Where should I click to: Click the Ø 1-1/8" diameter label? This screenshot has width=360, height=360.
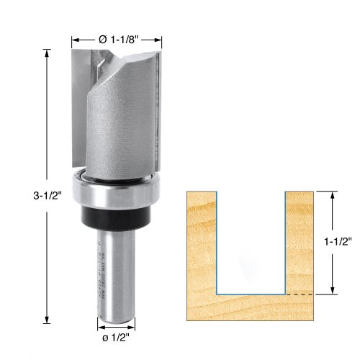click(x=118, y=39)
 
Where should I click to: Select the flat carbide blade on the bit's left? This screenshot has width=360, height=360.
click(x=78, y=101)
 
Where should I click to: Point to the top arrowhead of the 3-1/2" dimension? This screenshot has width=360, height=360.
click(x=47, y=51)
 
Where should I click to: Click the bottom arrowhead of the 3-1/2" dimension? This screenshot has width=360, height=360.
click(x=47, y=322)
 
